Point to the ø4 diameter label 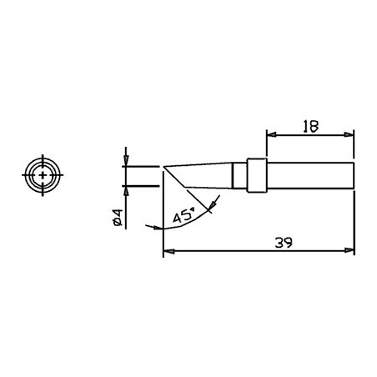pos(118,219)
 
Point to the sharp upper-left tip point pos(164,167)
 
